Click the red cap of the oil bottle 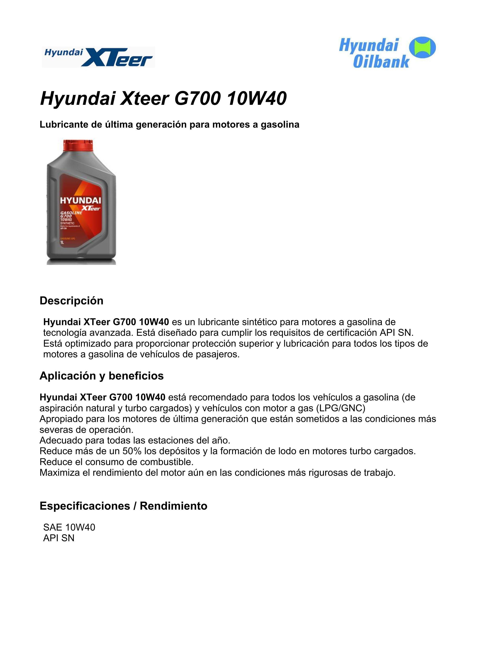[x=78, y=145]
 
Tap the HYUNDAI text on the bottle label [x=80, y=200]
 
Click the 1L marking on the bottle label [x=62, y=243]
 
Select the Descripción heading [x=71, y=301]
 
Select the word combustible [x=167, y=462]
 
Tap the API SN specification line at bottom [x=59, y=538]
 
